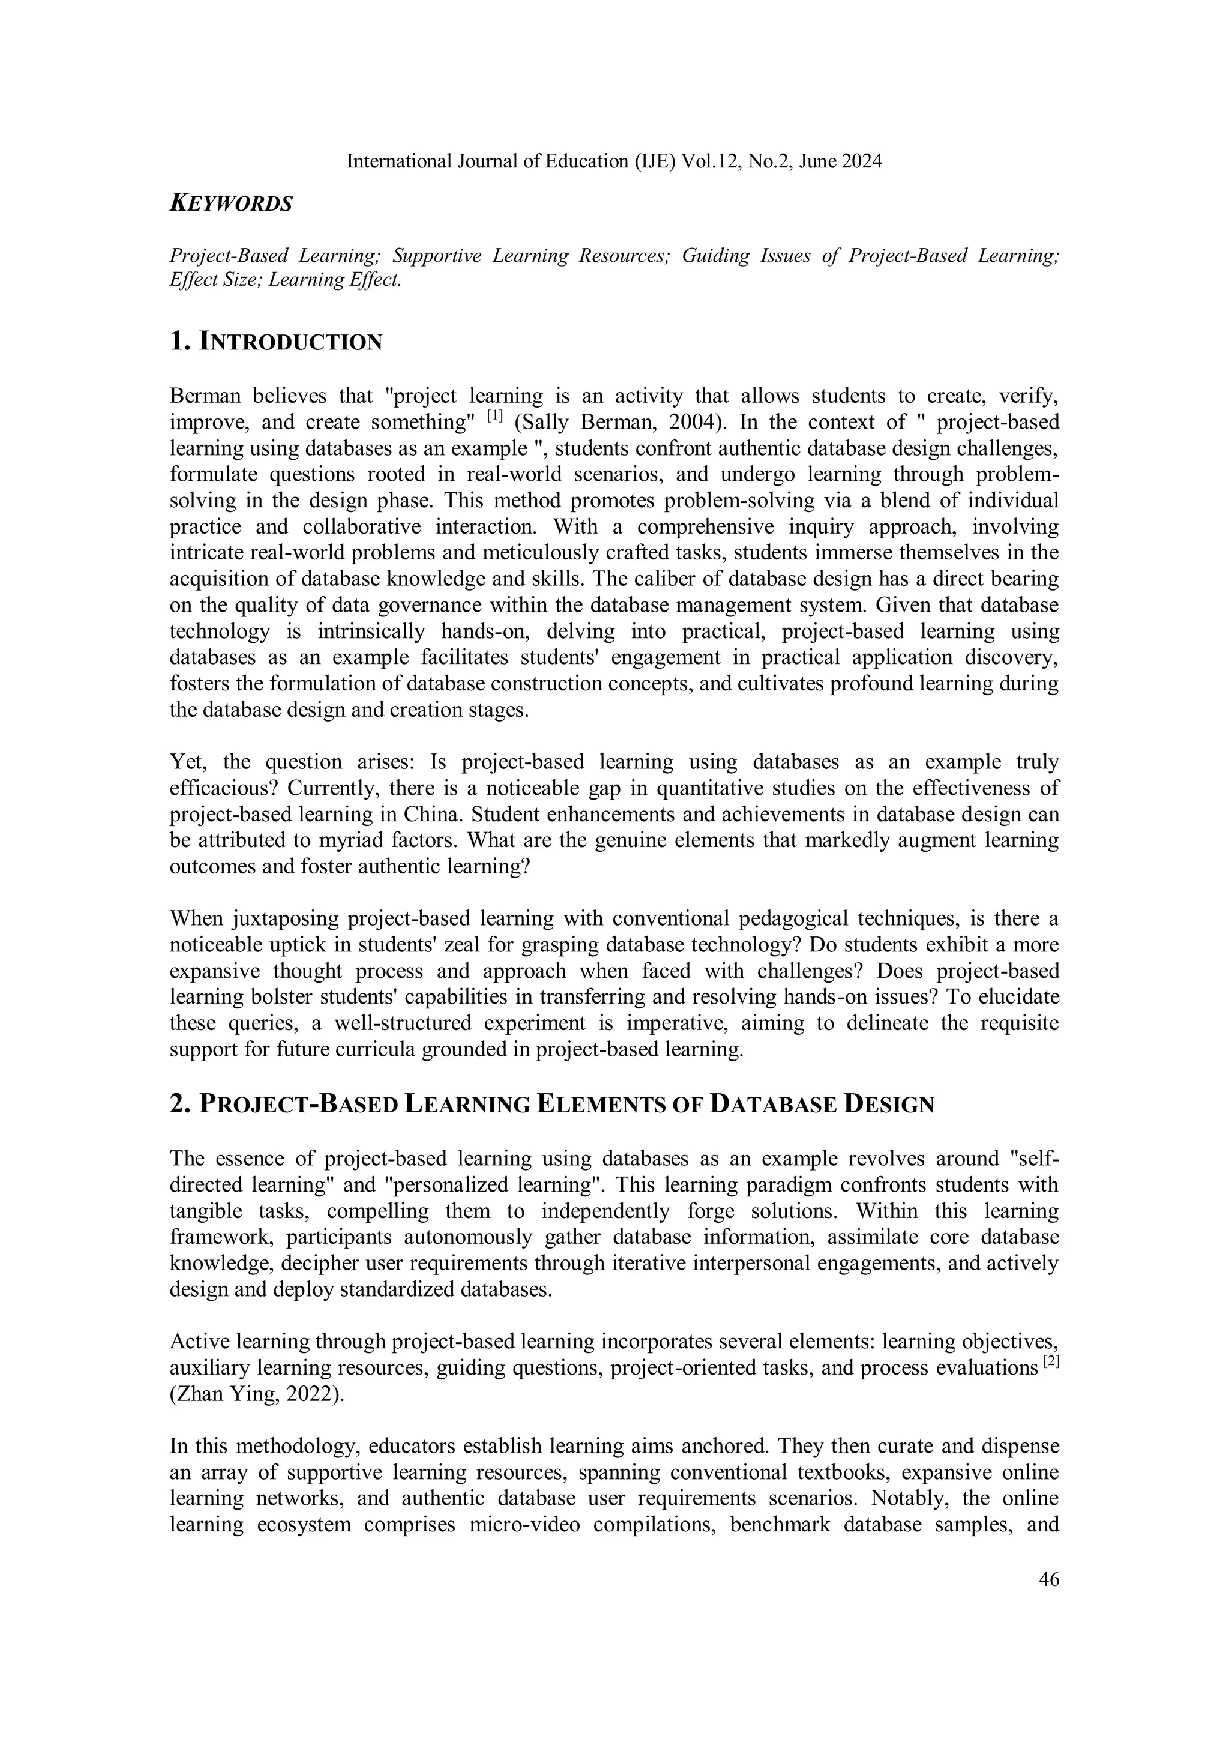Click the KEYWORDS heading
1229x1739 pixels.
[x=231, y=203]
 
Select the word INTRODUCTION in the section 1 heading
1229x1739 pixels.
[x=291, y=342]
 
